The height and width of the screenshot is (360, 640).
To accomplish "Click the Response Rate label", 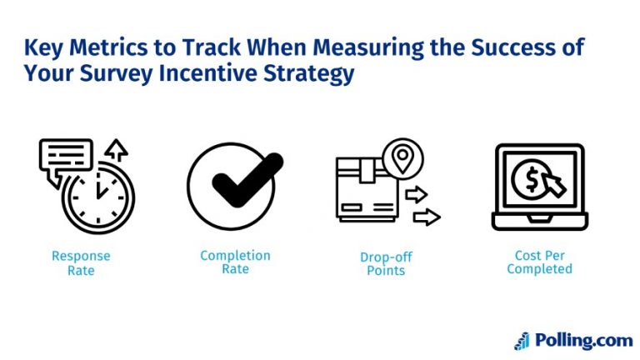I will pyautogui.click(x=81, y=262).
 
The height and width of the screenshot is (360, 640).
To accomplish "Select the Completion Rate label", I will pyautogui.click(x=235, y=262).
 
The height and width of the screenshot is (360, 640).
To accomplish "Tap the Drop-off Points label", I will pyautogui.click(x=386, y=262).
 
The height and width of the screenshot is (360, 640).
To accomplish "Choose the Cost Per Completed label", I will pyautogui.click(x=539, y=262).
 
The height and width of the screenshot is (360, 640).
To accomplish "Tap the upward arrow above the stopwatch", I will pyautogui.click(x=116, y=150).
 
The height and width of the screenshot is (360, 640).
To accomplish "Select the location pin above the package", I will pyautogui.click(x=403, y=157).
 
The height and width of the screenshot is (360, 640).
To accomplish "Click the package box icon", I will pyautogui.click(x=364, y=192).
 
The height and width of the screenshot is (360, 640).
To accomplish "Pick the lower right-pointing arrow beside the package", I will pyautogui.click(x=426, y=217).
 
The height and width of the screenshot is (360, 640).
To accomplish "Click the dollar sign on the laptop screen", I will pyautogui.click(x=528, y=181).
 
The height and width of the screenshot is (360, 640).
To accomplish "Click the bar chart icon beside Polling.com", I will pyautogui.click(x=522, y=340).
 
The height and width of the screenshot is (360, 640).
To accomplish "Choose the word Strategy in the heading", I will pyautogui.click(x=308, y=73).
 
